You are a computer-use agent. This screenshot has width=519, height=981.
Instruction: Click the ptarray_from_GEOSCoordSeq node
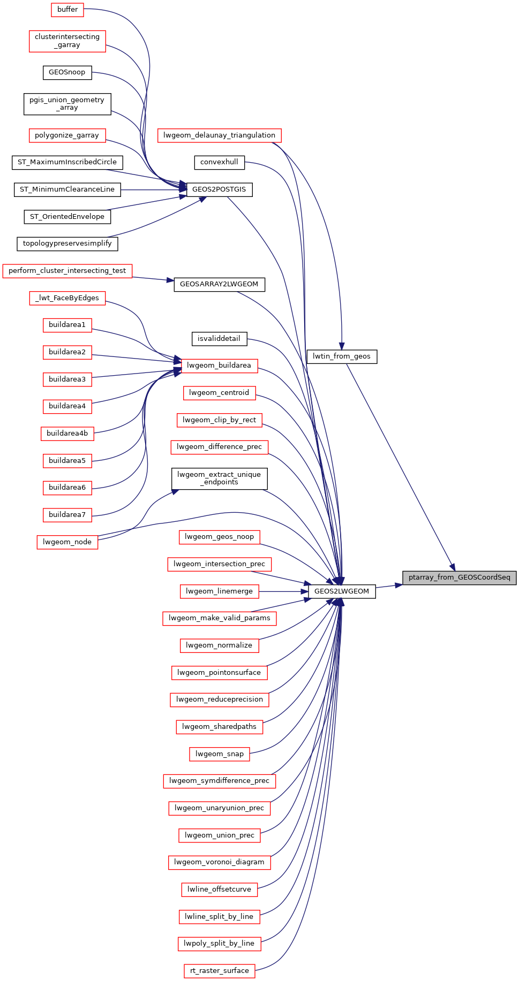coord(459,577)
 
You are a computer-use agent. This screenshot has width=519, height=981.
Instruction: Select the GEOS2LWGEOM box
coord(342,591)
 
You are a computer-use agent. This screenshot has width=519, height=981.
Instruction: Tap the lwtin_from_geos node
coord(342,356)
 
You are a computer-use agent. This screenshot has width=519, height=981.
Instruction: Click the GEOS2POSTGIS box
coord(219,189)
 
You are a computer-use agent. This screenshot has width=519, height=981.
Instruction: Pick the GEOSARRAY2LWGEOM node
coord(219,284)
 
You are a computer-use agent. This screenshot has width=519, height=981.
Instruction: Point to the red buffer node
coord(67,10)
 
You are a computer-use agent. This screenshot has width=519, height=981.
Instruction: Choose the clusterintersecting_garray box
coord(67,41)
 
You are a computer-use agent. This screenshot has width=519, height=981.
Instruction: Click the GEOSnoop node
coord(67,72)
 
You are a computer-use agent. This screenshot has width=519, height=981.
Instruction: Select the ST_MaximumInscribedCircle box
coord(67,162)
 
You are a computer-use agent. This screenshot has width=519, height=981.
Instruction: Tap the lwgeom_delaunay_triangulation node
coord(219,135)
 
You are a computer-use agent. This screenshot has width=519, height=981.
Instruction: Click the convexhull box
coord(219,162)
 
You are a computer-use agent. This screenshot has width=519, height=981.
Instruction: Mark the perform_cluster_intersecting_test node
coord(67,271)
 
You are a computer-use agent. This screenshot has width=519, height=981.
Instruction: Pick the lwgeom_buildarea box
coord(219,366)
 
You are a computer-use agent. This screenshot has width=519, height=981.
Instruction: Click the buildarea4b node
coord(67,434)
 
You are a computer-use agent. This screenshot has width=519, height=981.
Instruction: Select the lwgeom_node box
coord(67,542)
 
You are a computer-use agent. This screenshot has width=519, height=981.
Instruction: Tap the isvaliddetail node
coord(219,339)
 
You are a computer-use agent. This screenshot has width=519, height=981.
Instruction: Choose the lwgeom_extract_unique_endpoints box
coord(219,478)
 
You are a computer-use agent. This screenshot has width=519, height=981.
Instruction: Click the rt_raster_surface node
coord(219,971)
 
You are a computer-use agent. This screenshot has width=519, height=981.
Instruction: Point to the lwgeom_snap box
coord(219,754)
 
